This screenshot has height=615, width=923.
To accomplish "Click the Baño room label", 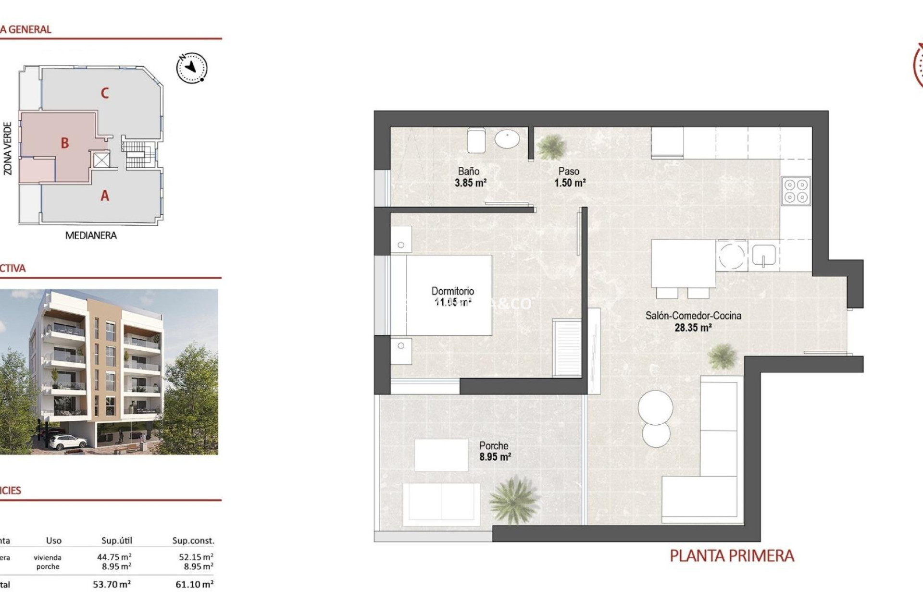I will [468, 171].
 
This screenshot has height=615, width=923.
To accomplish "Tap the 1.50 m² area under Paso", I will [570, 183].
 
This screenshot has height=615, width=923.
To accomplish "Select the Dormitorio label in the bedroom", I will [452, 291].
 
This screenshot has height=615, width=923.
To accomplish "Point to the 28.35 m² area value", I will [693, 328].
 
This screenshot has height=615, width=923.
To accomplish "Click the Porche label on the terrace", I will [493, 446].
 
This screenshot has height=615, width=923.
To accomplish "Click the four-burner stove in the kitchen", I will [796, 191].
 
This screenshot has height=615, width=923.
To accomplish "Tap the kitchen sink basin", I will [763, 255].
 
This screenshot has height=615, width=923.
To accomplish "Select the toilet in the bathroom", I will [476, 140].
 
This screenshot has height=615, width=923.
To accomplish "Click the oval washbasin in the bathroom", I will [507, 140].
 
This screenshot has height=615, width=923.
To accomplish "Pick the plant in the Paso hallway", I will [551, 146].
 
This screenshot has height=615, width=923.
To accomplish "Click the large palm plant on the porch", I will [514, 499].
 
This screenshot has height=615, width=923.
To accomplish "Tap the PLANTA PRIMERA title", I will [732, 556].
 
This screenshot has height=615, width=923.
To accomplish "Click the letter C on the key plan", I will [105, 93].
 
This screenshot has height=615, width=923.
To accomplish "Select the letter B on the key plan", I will [65, 143].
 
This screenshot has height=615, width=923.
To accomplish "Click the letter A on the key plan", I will [105, 196].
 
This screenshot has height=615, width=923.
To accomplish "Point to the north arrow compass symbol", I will [192, 68].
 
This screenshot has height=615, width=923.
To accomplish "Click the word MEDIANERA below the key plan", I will [91, 235].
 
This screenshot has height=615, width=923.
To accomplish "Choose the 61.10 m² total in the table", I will [194, 585].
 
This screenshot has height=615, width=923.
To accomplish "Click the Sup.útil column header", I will [117, 541].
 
